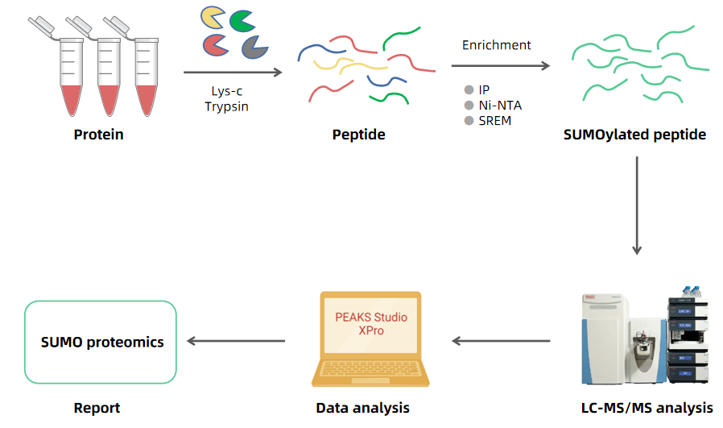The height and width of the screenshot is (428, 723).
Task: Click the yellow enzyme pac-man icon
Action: [x=213, y=18]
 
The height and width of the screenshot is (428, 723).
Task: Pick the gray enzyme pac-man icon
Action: [x=254, y=48]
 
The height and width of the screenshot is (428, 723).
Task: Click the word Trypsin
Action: [x=226, y=106]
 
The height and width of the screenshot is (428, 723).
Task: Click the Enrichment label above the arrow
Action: [x=496, y=45]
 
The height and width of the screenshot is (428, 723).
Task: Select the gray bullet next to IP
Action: [x=469, y=89]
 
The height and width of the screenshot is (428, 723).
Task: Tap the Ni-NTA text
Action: [x=500, y=105]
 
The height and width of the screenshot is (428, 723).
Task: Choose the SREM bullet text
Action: [x=494, y=121]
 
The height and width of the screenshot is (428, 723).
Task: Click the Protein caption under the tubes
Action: [x=99, y=135]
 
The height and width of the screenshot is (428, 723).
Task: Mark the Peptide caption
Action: [x=358, y=135]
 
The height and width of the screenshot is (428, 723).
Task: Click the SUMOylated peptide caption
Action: [x=635, y=135]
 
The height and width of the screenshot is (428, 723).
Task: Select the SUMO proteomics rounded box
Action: [x=101, y=343]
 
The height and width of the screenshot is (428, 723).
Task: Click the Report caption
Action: [x=97, y=408]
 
